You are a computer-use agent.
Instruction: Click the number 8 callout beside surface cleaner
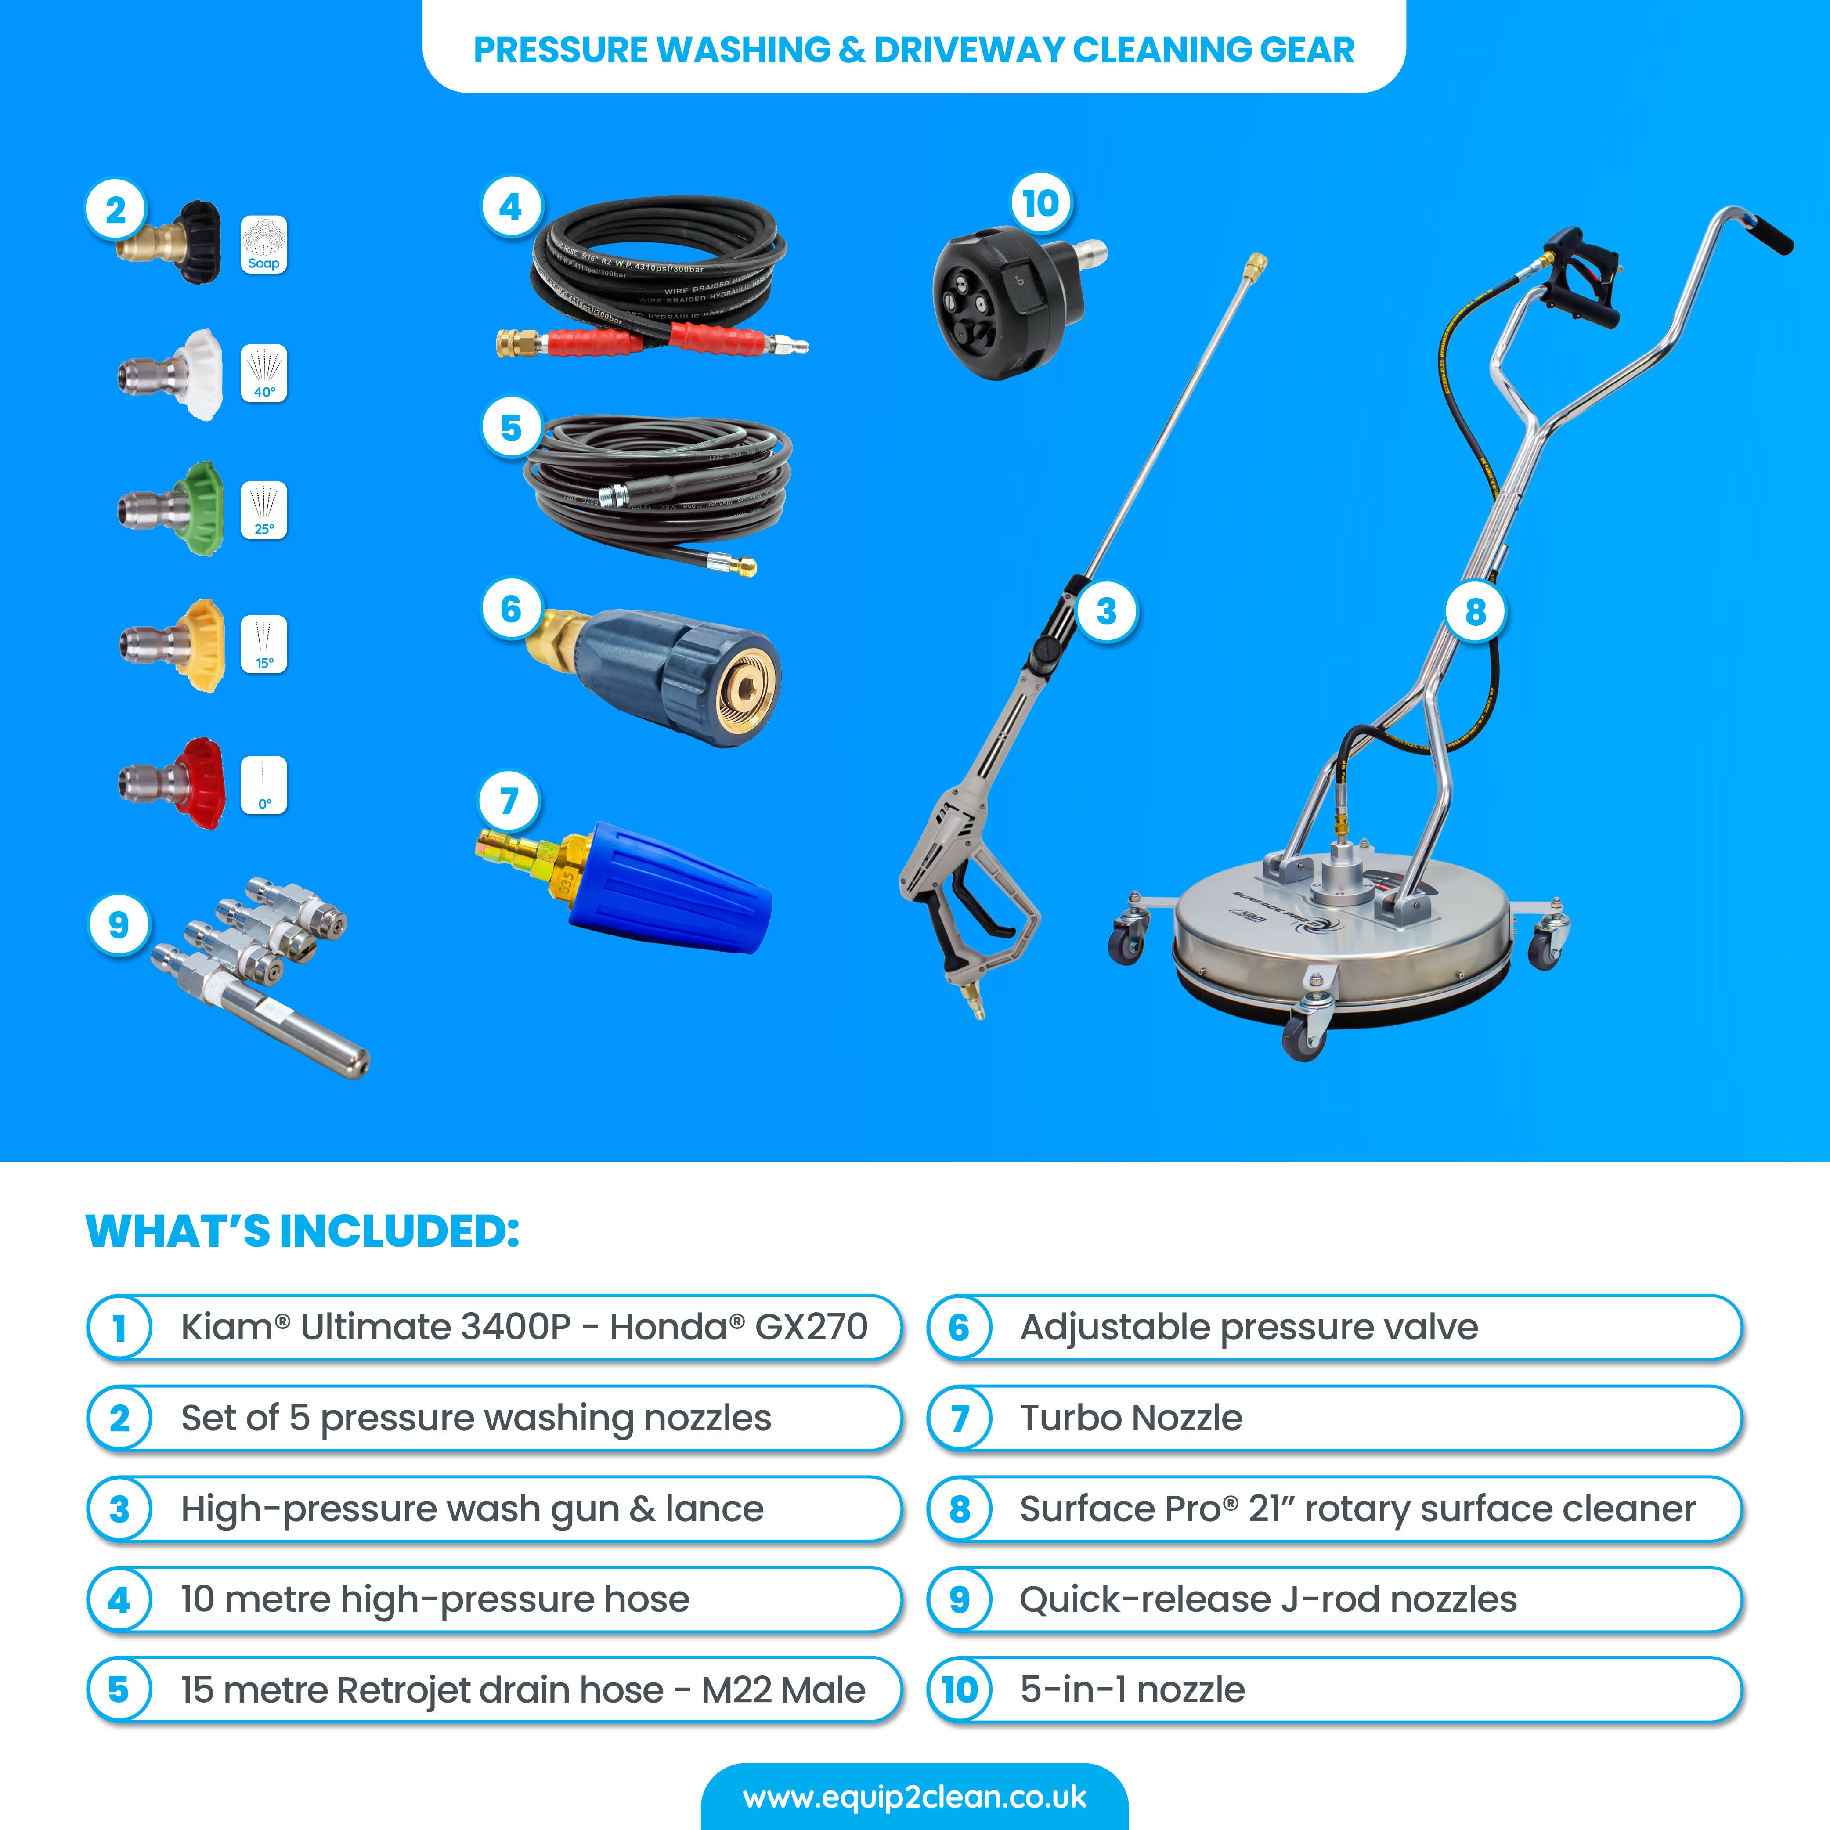tap(1475, 612)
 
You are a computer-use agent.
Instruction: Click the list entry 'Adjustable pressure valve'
tap(1249, 1327)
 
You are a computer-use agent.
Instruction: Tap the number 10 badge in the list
tap(960, 1690)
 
